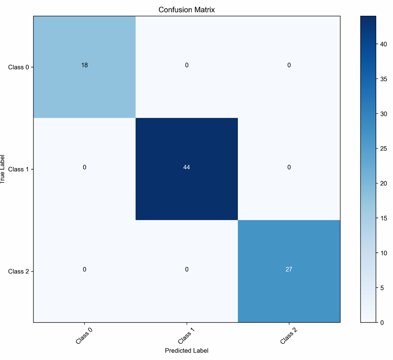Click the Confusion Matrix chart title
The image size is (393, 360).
(186, 9)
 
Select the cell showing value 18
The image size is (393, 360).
(84, 65)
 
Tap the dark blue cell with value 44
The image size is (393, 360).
(186, 167)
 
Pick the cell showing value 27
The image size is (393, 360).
(289, 269)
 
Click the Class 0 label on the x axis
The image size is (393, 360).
(85, 336)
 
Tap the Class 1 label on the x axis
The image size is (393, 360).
(187, 336)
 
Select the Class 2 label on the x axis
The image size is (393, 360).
(289, 336)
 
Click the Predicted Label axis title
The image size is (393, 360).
(186, 351)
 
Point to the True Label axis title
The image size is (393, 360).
(3, 169)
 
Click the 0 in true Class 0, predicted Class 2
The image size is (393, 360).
(289, 65)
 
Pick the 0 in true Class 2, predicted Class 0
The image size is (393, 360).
(84, 269)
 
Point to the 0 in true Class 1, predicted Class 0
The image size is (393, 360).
(84, 167)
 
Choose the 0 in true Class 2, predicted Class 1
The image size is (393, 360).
(186, 269)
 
